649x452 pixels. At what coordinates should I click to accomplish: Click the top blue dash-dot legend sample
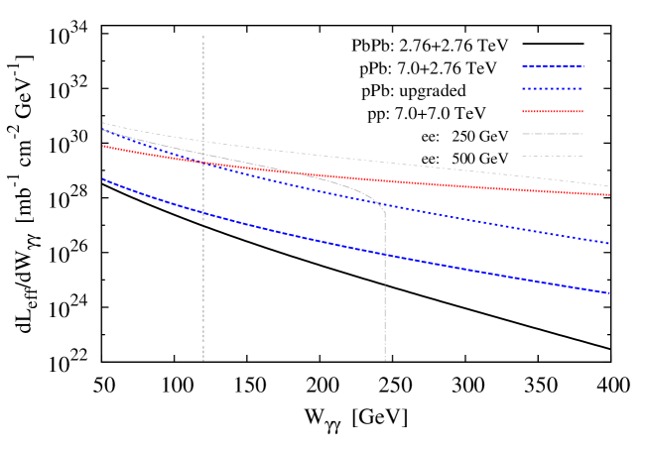pyautogui.click(x=553, y=66)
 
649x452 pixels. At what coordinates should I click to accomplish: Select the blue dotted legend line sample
pyautogui.click(x=553, y=89)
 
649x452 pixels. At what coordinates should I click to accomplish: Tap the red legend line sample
pyautogui.click(x=553, y=111)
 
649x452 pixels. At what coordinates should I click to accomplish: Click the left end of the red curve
pyautogui.click(x=102, y=146)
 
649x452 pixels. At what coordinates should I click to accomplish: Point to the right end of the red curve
pyautogui.click(x=609, y=194)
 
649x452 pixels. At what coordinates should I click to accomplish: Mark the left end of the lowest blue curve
pyautogui.click(x=102, y=179)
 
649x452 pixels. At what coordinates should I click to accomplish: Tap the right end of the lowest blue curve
pyautogui.click(x=609, y=293)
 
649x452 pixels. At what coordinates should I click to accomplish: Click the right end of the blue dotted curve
pyautogui.click(x=609, y=244)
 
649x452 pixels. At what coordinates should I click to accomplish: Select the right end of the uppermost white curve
pyautogui.click(x=609, y=186)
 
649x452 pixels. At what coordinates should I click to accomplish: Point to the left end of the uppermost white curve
pyautogui.click(x=102, y=123)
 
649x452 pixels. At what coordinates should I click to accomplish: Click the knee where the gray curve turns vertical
pyautogui.click(x=384, y=209)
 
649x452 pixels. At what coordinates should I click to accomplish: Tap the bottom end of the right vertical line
pyautogui.click(x=385, y=360)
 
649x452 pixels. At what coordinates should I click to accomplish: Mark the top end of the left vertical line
pyautogui.click(x=203, y=37)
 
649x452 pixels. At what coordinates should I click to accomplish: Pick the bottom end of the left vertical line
pyautogui.click(x=203, y=360)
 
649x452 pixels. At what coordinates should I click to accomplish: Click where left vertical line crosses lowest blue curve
pyautogui.click(x=203, y=213)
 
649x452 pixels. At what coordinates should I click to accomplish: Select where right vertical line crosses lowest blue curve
pyautogui.click(x=385, y=255)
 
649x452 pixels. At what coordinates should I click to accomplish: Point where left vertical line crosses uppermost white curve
pyautogui.click(x=203, y=141)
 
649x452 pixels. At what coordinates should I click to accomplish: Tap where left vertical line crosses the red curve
pyautogui.click(x=203, y=162)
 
